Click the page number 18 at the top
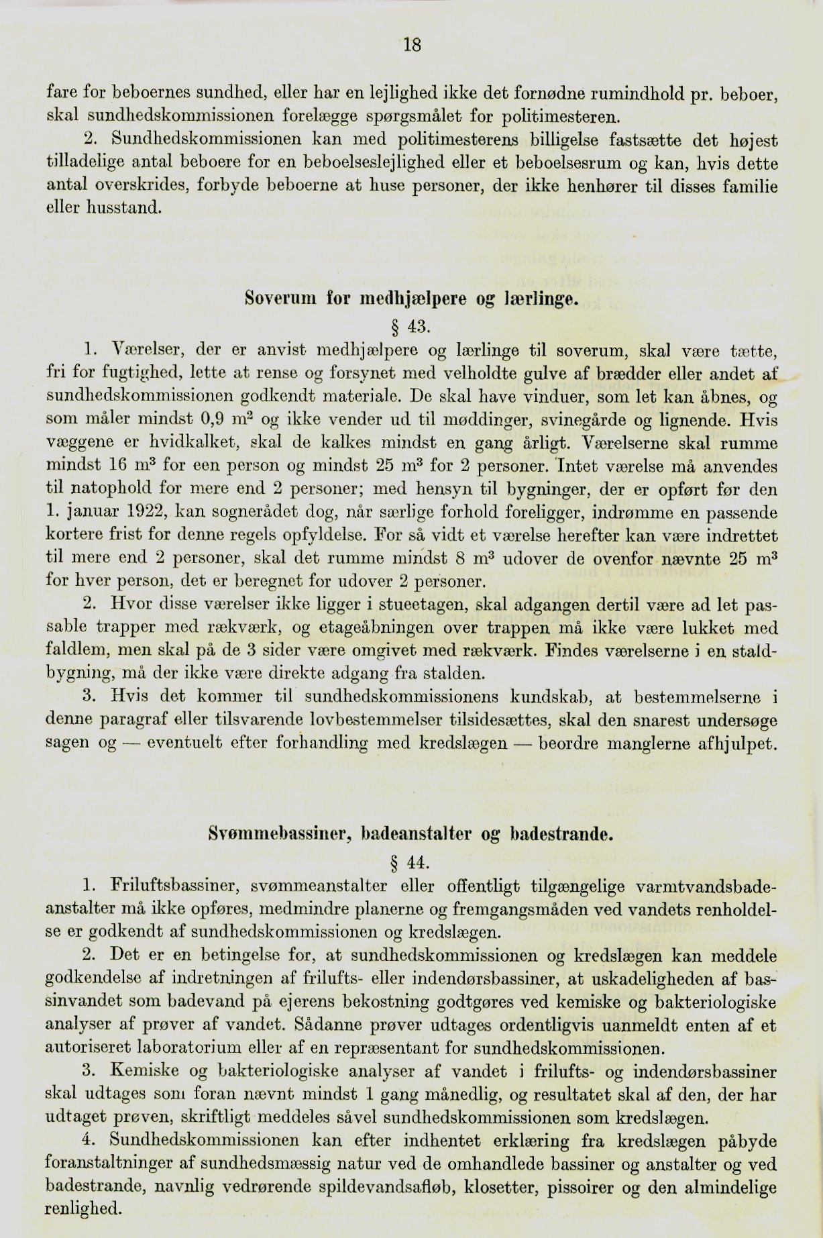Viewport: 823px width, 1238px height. pyautogui.click(x=411, y=45)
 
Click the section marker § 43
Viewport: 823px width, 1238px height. pyautogui.click(x=411, y=327)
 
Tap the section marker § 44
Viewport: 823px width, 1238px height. pyautogui.click(x=411, y=862)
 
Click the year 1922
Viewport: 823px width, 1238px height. pyautogui.click(x=146, y=513)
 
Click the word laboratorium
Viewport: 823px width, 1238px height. pyautogui.click(x=194, y=1047)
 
